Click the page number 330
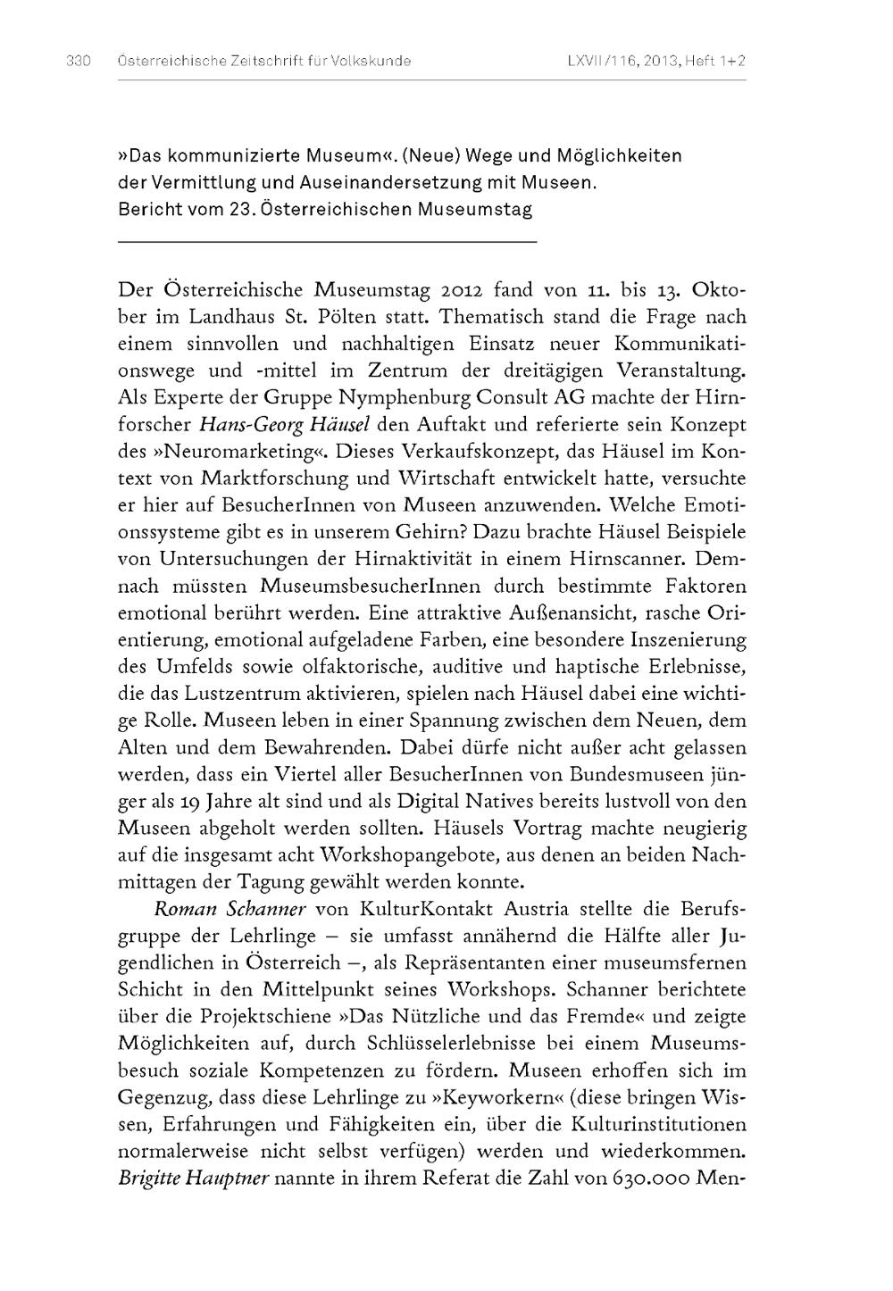point(79,62)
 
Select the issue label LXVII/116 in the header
point(600,62)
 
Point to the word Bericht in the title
point(146,211)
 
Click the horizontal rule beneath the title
point(327,242)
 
